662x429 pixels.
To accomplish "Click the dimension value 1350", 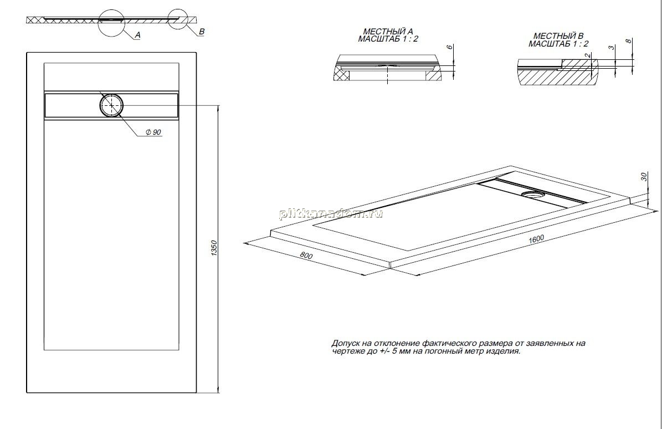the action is pyautogui.click(x=213, y=248).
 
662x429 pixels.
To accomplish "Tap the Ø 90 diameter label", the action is pyautogui.click(x=153, y=132).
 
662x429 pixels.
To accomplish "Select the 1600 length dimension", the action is pyautogui.click(x=536, y=238).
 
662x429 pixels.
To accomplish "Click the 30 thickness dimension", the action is pyautogui.click(x=644, y=177).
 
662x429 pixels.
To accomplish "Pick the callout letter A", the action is pyautogui.click(x=137, y=35).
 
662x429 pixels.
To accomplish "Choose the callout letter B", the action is pyautogui.click(x=202, y=32).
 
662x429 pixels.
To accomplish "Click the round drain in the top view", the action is pyautogui.click(x=111, y=105).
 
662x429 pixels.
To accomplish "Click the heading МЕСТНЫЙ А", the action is pyautogui.click(x=388, y=32).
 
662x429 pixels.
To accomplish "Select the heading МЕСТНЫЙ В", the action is pyautogui.click(x=558, y=37).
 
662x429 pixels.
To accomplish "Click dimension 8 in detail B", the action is pyautogui.click(x=629, y=41).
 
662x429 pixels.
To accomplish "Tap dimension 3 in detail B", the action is pyautogui.click(x=612, y=47).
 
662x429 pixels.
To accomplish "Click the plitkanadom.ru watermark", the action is pyautogui.click(x=331, y=214).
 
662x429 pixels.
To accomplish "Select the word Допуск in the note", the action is pyautogui.click(x=346, y=343).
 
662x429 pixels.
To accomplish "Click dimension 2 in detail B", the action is pyautogui.click(x=588, y=55).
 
